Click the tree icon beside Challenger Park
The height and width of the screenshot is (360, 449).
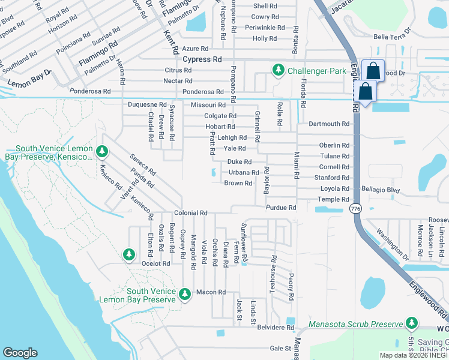[x=279, y=71]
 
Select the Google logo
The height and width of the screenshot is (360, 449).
[x=20, y=353]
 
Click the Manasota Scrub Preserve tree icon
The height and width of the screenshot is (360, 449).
[x=411, y=324]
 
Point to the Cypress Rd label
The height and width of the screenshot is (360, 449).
[x=202, y=59]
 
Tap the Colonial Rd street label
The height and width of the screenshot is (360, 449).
[x=191, y=213]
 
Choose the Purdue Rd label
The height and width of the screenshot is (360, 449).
[x=282, y=208]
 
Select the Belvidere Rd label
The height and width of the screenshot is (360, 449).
[x=274, y=328]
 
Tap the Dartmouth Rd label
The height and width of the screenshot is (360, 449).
[x=329, y=124]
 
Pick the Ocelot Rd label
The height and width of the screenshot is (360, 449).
[x=156, y=263]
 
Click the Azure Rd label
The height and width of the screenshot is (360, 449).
[x=196, y=49]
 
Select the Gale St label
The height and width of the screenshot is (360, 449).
[x=280, y=348]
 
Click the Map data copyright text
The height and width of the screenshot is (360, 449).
[x=414, y=355]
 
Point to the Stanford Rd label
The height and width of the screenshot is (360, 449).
[x=331, y=178]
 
